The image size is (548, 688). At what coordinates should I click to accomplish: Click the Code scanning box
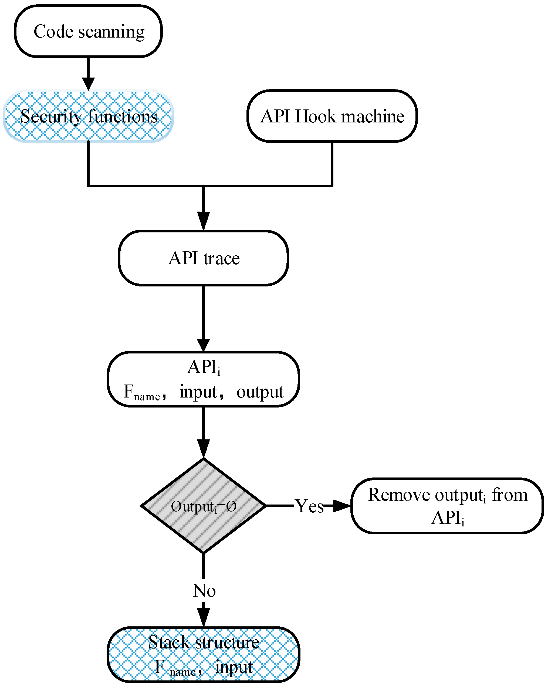click(88, 31)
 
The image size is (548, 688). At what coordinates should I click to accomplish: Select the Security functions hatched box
click(88, 116)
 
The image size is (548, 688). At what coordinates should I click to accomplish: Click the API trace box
click(203, 258)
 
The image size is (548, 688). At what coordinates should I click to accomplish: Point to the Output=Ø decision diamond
click(203, 506)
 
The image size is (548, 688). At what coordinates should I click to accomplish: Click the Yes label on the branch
click(309, 506)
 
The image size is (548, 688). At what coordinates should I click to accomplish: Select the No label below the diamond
click(204, 590)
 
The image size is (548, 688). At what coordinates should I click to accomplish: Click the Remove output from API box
click(447, 506)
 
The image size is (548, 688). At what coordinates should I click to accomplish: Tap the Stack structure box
click(203, 654)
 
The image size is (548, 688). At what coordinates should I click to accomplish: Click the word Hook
click(316, 116)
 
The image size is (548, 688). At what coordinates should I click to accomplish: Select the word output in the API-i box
click(260, 392)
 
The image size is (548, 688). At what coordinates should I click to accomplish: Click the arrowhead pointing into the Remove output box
click(341, 506)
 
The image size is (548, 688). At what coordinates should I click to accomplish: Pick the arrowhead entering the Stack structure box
click(203, 618)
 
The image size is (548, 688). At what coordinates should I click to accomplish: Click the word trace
click(222, 258)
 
